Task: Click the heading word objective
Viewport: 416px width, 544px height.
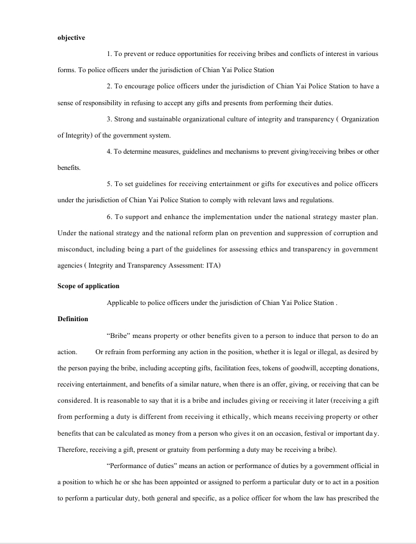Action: click(71, 37)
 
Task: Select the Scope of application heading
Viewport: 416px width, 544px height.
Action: click(88, 286)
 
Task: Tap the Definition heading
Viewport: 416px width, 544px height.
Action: click(73, 319)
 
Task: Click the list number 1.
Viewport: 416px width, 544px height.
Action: click(109, 54)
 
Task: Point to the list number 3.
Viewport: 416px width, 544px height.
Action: click(109, 119)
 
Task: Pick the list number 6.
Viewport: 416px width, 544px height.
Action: click(109, 217)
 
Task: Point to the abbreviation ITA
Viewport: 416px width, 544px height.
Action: click(213, 265)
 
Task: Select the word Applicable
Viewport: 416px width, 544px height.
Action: click(124, 302)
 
